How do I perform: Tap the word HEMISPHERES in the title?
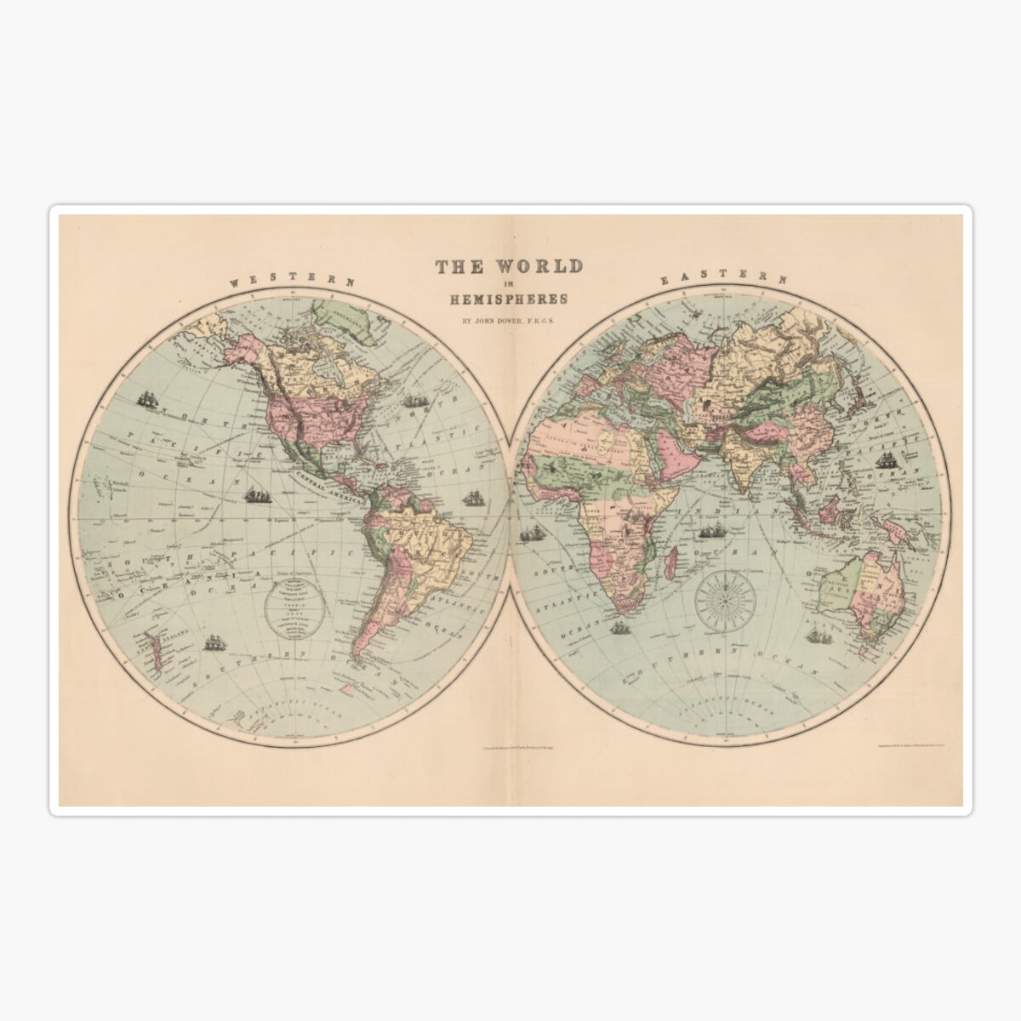click(510, 299)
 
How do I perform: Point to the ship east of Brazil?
click(472, 501)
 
